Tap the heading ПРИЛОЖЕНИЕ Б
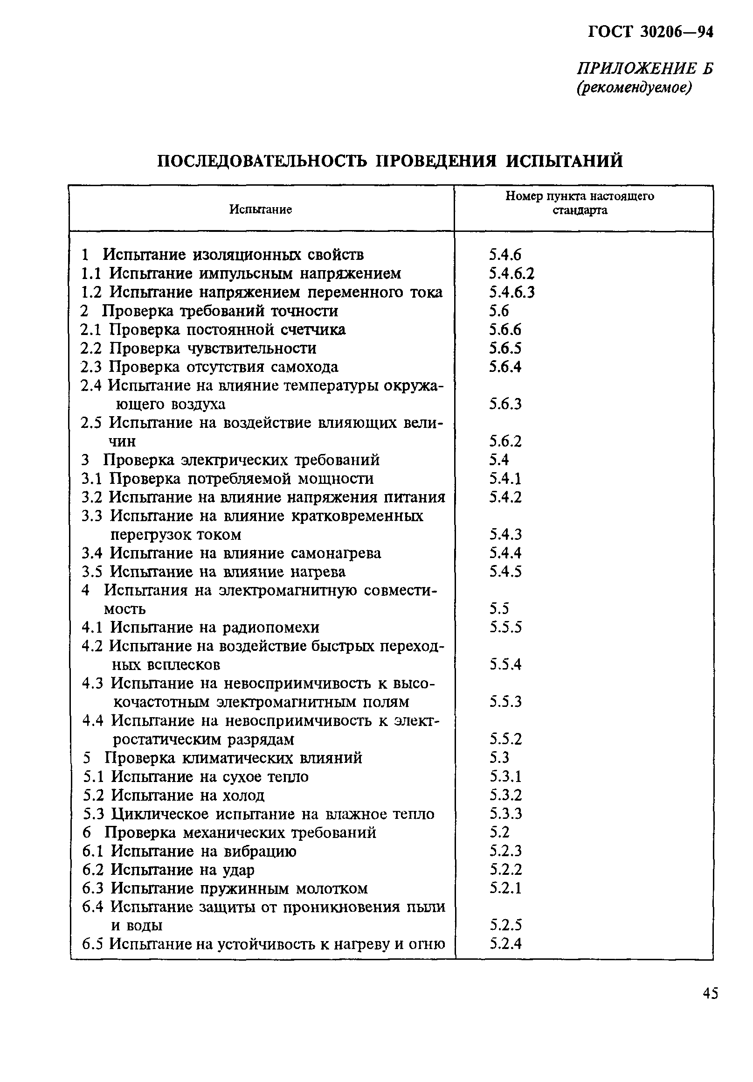(645, 69)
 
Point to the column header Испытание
(261, 209)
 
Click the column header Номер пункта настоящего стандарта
(579, 202)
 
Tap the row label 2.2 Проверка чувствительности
(199, 348)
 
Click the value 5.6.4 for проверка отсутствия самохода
(505, 367)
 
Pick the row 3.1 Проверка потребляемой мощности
(228, 479)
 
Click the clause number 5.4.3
(505, 534)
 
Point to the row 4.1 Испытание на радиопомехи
(200, 627)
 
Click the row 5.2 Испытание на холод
(174, 795)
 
